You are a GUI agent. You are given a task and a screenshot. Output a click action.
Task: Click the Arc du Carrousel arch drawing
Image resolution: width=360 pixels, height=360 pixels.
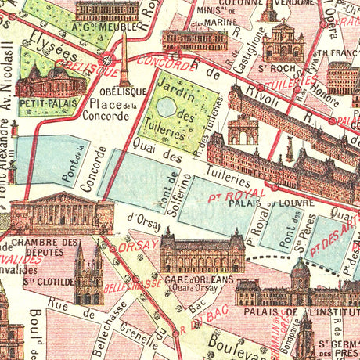(242, 129)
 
